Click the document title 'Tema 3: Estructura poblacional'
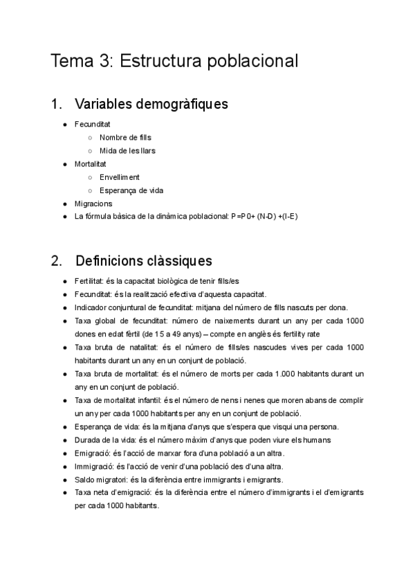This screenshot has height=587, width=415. coord(174,61)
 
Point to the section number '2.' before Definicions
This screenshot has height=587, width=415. coord(57,261)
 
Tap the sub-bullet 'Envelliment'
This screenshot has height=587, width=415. coord(119,177)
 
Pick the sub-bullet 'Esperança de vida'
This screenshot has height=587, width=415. coord(131,190)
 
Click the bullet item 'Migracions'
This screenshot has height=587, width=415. coord(93,204)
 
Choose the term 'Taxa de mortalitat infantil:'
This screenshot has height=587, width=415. coord(118,400)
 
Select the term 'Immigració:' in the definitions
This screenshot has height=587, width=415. coord(94,467)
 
